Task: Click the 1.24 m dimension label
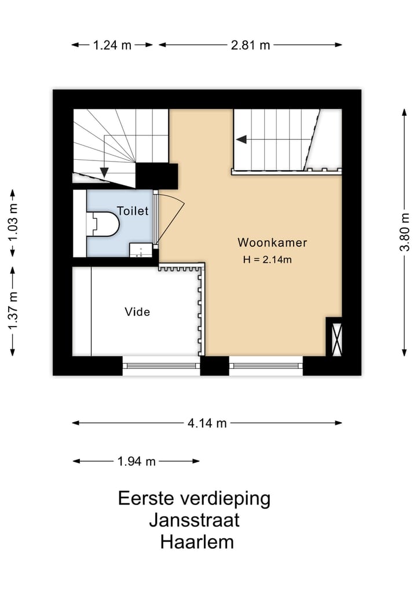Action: pyautogui.click(x=112, y=45)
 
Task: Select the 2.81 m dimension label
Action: pyautogui.click(x=250, y=45)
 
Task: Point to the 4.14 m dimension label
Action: pyautogui.click(x=207, y=423)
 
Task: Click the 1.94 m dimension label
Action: pyautogui.click(x=136, y=462)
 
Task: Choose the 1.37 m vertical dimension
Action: pyautogui.click(x=13, y=310)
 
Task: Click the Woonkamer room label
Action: pyautogui.click(x=272, y=243)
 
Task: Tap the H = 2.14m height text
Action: pyautogui.click(x=267, y=259)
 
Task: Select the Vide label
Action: pyautogui.click(x=137, y=312)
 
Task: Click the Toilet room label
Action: pyautogui.click(x=133, y=211)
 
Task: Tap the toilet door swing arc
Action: pyautogui.click(x=173, y=214)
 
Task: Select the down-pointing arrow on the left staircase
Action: pyautogui.click(x=104, y=171)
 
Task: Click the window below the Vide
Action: pyautogui.click(x=161, y=365)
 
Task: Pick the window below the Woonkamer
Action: pyautogui.click(x=266, y=365)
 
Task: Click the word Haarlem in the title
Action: pyautogui.click(x=197, y=542)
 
